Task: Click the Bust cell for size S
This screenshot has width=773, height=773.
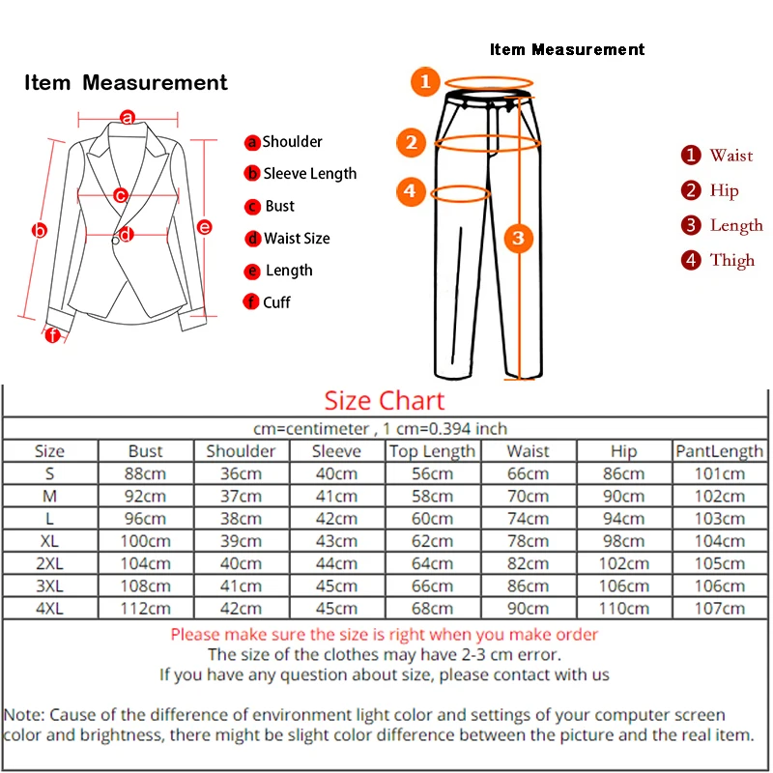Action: click(146, 473)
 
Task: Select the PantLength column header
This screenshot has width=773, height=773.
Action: click(720, 451)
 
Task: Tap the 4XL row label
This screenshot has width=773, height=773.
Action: click(49, 608)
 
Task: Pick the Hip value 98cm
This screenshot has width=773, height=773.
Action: click(624, 541)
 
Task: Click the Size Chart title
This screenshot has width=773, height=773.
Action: click(385, 401)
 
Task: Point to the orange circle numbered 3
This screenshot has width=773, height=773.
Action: click(518, 238)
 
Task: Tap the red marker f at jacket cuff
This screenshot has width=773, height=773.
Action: click(52, 336)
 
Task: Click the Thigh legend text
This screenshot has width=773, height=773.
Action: click(731, 260)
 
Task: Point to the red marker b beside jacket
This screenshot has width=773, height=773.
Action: click(40, 231)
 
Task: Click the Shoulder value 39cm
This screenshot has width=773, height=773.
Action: click(241, 541)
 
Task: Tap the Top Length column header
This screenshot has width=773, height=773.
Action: click(432, 451)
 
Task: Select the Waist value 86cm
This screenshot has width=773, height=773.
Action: click(529, 586)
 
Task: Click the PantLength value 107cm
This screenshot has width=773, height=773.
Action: click(720, 608)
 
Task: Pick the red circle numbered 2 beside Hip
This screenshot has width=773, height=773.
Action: click(690, 190)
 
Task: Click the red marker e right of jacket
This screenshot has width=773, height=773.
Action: click(205, 227)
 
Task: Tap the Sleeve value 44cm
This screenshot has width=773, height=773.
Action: click(336, 563)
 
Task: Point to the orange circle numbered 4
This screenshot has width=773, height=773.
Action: click(411, 191)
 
